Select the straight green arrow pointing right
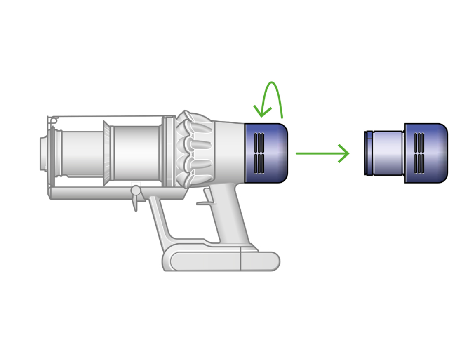pyautogui.click(x=322, y=153)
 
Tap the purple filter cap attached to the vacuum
pyautogui.click(x=266, y=153)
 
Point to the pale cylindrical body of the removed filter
pyautogui.click(x=388, y=153)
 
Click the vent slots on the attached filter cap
pyautogui.click(x=259, y=153)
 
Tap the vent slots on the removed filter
pyautogui.click(x=419, y=153)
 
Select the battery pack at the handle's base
pyautogui.click(x=223, y=261)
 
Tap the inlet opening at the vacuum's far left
pyautogui.click(x=43, y=153)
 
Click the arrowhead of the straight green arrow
pyautogui.click(x=345, y=153)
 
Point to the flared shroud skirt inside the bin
pyautogui.click(x=107, y=153)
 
